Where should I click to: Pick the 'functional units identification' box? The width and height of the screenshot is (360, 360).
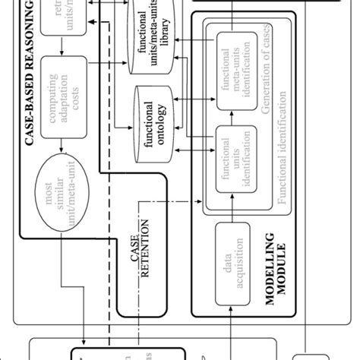pyautogui.click(x=233, y=156)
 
